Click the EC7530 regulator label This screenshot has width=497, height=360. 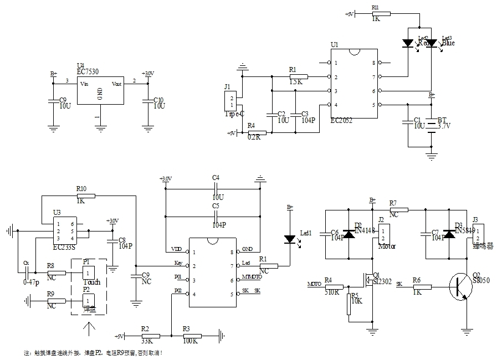pos(89,71)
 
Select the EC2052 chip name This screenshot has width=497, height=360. pos(340,120)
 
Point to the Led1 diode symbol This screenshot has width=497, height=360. pos(289,239)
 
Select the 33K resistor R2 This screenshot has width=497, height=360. pos(150,336)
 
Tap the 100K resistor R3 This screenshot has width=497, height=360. pos(191,336)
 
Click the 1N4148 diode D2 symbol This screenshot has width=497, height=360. pos(349,234)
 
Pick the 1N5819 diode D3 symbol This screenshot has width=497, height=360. pos(449,234)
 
